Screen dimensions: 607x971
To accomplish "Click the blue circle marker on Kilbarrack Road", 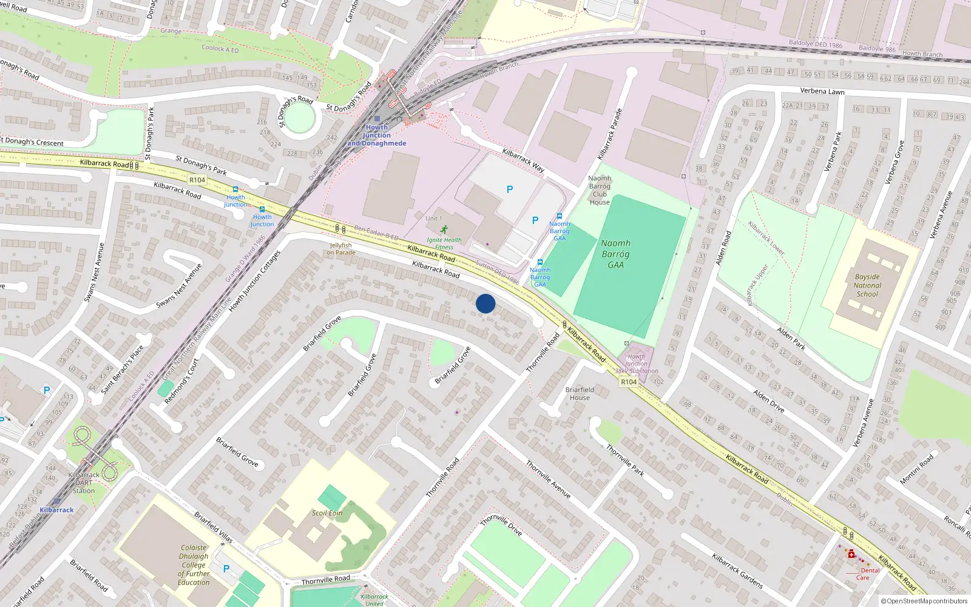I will [486, 303].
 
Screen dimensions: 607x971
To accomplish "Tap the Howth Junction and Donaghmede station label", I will [377, 135].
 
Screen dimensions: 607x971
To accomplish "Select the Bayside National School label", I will [867, 285].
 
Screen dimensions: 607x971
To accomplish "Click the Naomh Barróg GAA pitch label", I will [615, 254].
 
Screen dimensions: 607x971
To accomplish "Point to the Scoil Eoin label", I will [327, 513].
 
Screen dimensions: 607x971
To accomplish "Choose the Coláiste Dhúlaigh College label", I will [194, 565].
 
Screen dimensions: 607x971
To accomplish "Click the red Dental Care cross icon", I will [851, 554].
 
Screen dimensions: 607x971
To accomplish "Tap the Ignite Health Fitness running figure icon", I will [444, 229].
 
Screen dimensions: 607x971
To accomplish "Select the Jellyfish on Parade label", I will [340, 249].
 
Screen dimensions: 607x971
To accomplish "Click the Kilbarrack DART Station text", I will [84, 483].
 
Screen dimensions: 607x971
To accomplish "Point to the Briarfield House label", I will [580, 393].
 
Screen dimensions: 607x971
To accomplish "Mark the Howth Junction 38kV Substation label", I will [636, 364].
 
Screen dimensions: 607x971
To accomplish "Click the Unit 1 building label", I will [434, 218].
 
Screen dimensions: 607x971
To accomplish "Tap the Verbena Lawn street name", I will [822, 91].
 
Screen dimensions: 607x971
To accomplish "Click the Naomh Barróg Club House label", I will [600, 190].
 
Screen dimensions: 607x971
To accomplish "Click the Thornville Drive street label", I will [501, 525].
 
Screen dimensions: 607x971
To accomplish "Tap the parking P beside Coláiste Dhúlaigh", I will [226, 569].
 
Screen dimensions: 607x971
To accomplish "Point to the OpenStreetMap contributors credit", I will [924, 601].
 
